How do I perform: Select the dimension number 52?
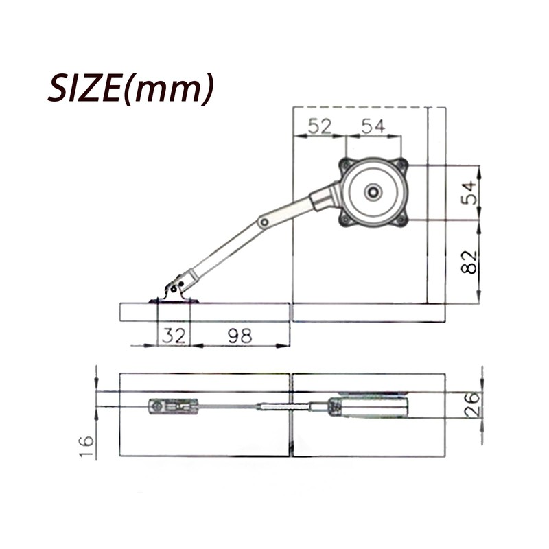319,126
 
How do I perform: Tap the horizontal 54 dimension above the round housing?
373,126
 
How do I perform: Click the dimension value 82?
469,261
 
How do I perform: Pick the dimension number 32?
173,336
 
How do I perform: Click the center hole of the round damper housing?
374,193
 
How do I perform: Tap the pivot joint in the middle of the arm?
263,222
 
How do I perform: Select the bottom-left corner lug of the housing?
345,220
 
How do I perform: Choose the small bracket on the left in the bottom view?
173,407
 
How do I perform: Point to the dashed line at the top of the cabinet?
360,107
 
